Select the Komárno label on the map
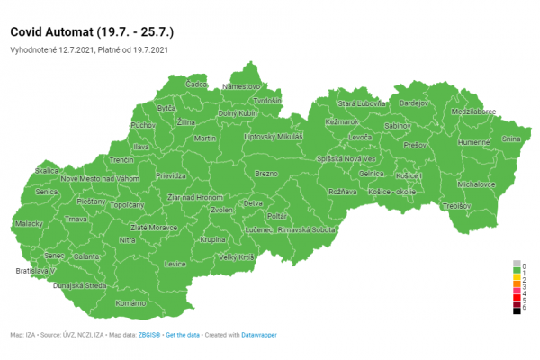131,303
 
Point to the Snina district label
511,139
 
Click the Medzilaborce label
474,112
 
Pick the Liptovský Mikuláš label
274,137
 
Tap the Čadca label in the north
196,84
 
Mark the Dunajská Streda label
80,285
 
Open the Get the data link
184,335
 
